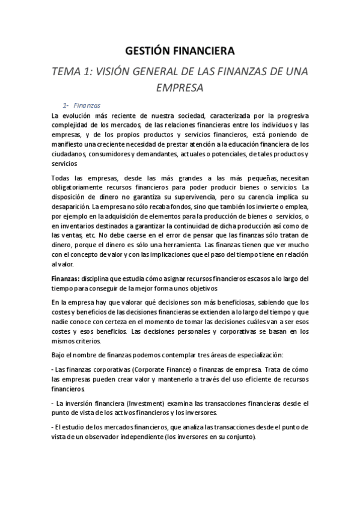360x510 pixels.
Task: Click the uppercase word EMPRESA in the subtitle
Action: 180,87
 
